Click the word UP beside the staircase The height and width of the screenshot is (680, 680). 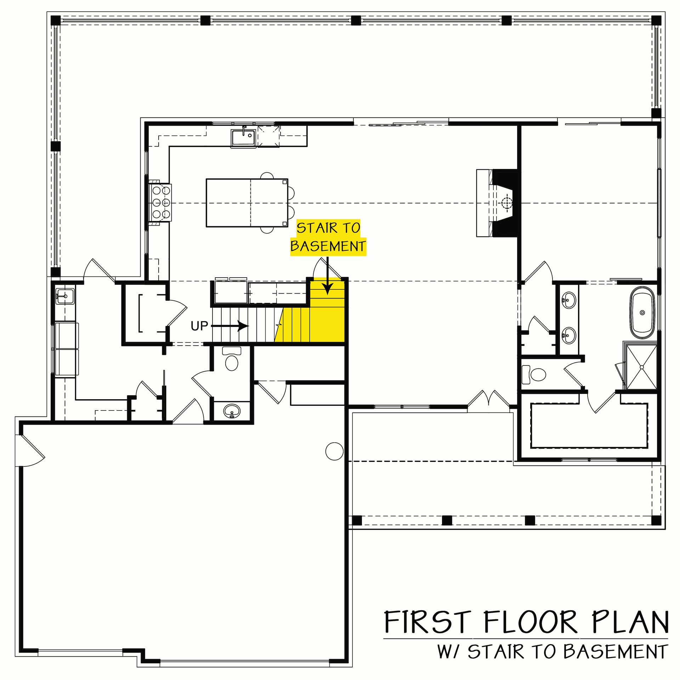click(x=199, y=326)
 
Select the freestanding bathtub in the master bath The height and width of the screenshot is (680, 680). click(x=642, y=313)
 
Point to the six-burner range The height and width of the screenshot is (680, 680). click(x=161, y=203)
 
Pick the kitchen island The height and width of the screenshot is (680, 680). click(x=247, y=203)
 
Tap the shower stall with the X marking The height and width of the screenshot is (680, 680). click(x=641, y=367)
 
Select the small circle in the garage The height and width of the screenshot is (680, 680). click(x=334, y=451)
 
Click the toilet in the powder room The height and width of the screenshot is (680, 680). click(x=232, y=360)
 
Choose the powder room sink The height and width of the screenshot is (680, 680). click(x=232, y=411)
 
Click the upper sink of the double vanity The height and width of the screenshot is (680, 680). click(x=569, y=300)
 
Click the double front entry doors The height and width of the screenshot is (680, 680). click(x=489, y=399)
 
